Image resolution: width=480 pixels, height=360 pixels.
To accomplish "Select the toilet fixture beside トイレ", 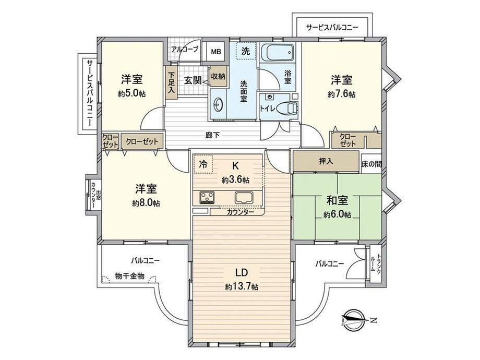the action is [x=287, y=109].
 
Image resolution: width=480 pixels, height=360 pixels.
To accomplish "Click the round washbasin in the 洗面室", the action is [x=218, y=105].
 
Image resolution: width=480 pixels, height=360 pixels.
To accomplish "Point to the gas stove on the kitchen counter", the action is [x=207, y=197].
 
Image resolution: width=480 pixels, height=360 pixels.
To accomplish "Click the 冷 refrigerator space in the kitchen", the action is [x=203, y=164].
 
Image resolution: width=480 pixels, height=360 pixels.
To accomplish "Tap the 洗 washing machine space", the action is [x=246, y=51].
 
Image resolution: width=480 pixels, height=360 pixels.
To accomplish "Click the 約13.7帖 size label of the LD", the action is [x=242, y=286].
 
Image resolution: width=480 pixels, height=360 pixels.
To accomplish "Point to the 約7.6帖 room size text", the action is [x=341, y=94].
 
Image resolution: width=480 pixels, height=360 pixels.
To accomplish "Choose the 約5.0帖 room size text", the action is [x=131, y=94].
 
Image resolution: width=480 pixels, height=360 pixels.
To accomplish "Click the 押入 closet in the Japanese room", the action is [x=326, y=161].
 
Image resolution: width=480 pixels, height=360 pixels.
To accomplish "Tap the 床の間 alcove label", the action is [x=371, y=164].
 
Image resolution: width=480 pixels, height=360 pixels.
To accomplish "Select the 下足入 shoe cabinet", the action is [x=171, y=82].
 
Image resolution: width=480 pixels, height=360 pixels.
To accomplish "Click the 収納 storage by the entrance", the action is [x=218, y=76].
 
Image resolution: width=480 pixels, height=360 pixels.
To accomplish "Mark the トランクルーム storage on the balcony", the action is [x=376, y=263].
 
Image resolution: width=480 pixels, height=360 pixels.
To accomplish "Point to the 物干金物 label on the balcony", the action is [x=129, y=276].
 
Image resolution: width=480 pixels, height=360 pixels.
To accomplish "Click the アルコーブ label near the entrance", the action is [x=185, y=49].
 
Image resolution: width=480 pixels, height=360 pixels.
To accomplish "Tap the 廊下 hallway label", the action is [x=212, y=135].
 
